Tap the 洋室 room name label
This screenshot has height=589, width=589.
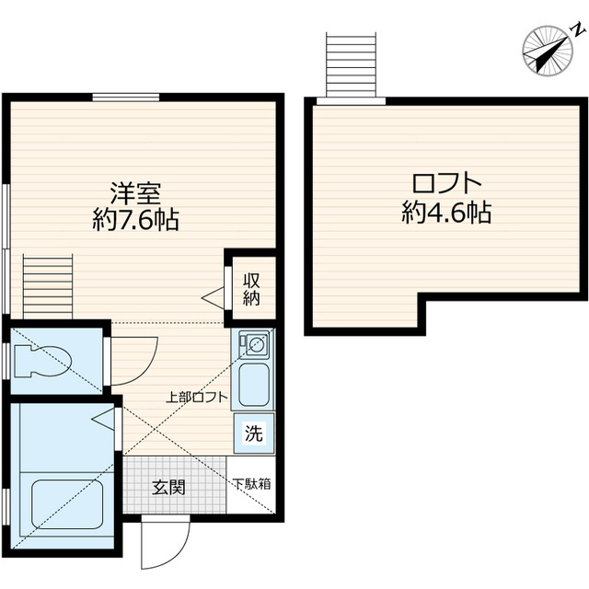[135, 194]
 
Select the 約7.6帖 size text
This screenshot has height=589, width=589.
[135, 221]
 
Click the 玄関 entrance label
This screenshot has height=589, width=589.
[168, 486]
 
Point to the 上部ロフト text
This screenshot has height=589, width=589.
[196, 398]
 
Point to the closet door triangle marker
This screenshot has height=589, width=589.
[214, 296]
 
